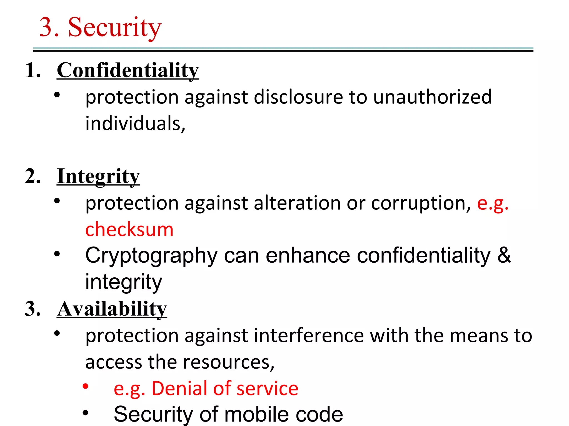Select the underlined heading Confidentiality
click(128, 70)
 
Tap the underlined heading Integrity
click(98, 176)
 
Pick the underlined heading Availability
click(112, 309)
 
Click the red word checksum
click(129, 230)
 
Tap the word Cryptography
click(151, 256)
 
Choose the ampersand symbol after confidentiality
click(504, 255)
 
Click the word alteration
click(297, 203)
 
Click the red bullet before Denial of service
click(86, 386)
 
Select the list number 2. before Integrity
click(33, 176)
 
